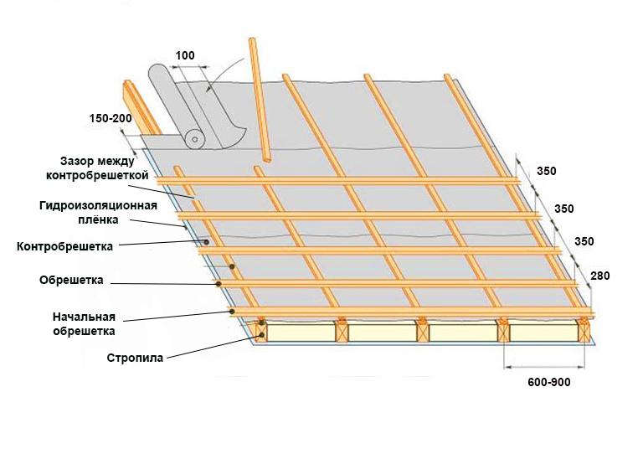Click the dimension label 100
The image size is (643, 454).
tap(185, 55)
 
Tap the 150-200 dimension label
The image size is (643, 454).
tap(111, 118)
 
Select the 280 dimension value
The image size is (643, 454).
tap(600, 276)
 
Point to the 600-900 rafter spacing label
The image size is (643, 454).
tap(548, 382)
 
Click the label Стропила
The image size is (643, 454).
tap(135, 358)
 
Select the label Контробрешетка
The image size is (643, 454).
tap(64, 247)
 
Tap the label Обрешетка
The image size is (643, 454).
tap(71, 280)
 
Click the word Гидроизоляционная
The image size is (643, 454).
tap(99, 205)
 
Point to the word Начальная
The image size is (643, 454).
tap(84, 317)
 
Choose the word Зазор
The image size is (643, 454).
tap(75, 161)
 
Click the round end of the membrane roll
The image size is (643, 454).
tap(195, 139)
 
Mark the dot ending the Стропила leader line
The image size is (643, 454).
tap(261, 336)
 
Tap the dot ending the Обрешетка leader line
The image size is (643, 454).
tap(219, 283)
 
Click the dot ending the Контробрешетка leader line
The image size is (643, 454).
tap(207, 242)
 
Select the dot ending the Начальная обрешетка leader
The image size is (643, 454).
tap(232, 312)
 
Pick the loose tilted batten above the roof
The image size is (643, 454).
tap(260, 100)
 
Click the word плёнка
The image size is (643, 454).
tap(99, 219)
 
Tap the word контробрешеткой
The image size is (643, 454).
tap(97, 176)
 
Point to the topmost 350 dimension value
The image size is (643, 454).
tap(547, 171)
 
